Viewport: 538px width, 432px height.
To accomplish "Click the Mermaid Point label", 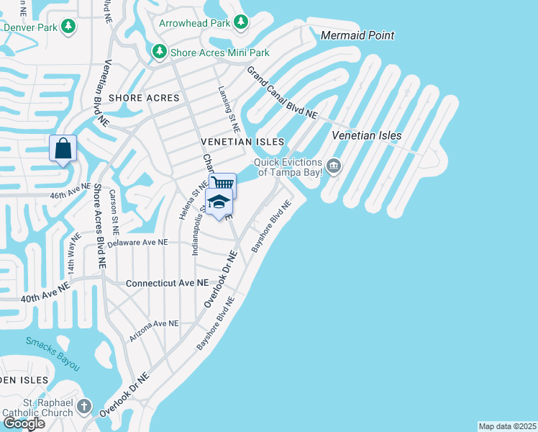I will [357, 35].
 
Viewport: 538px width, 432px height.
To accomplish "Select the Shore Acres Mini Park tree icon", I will [159, 53].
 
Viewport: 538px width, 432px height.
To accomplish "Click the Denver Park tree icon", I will [68, 27].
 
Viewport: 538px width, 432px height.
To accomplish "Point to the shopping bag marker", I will [63, 149].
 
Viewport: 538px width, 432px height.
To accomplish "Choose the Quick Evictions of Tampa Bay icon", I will [333, 167].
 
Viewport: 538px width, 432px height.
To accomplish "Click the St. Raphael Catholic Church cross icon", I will [83, 407].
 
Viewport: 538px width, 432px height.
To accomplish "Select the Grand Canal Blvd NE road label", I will [282, 93].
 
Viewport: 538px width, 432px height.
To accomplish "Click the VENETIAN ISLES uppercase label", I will [242, 142].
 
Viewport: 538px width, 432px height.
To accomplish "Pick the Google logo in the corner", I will [24, 423].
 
